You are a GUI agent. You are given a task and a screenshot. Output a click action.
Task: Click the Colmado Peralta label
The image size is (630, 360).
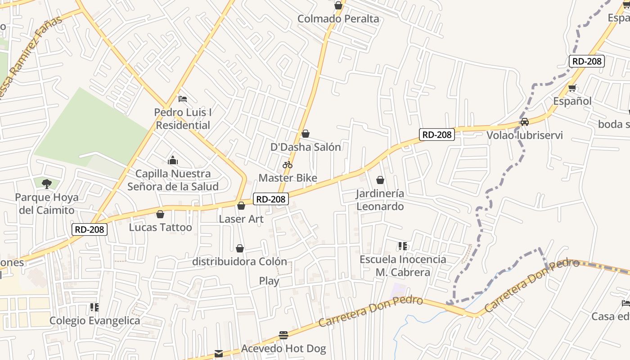[x=338, y=19]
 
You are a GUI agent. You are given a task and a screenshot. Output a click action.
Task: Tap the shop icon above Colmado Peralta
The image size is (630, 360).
[x=338, y=6]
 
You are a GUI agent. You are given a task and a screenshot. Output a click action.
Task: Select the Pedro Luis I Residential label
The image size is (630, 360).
[x=183, y=119]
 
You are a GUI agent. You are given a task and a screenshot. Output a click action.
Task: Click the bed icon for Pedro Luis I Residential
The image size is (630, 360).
[x=182, y=99]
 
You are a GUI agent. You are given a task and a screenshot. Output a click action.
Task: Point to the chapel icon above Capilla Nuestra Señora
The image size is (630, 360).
[x=173, y=160]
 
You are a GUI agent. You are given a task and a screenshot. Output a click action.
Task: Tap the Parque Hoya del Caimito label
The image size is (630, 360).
[x=47, y=203]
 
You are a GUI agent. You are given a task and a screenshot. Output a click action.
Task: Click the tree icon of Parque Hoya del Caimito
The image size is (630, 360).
[x=46, y=183]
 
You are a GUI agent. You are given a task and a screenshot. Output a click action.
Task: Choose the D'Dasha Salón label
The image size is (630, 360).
[x=306, y=147]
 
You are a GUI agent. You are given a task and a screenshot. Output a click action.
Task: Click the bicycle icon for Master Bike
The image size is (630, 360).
[x=288, y=165]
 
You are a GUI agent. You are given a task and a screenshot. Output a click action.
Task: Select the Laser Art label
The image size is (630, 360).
[x=241, y=219]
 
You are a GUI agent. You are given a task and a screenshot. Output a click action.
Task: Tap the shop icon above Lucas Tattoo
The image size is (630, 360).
[x=160, y=214]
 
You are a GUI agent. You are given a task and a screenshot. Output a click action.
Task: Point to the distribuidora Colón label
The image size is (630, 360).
[x=239, y=261]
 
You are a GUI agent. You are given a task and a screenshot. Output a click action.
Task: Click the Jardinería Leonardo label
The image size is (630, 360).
[x=380, y=200]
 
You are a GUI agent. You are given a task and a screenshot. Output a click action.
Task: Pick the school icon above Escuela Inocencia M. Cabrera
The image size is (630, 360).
[x=402, y=246]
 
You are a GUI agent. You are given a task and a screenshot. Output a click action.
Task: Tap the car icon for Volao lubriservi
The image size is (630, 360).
[x=524, y=121]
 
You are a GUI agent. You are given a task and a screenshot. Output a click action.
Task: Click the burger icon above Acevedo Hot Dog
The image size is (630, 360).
[x=283, y=335]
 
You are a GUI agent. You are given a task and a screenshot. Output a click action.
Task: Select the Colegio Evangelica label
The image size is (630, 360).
[x=94, y=321]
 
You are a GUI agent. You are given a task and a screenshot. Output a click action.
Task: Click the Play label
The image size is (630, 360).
[x=269, y=281]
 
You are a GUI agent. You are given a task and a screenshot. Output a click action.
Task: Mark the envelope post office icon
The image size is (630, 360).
[x=219, y=354]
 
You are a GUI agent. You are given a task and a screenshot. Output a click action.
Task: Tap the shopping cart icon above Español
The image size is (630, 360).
[x=572, y=88]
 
